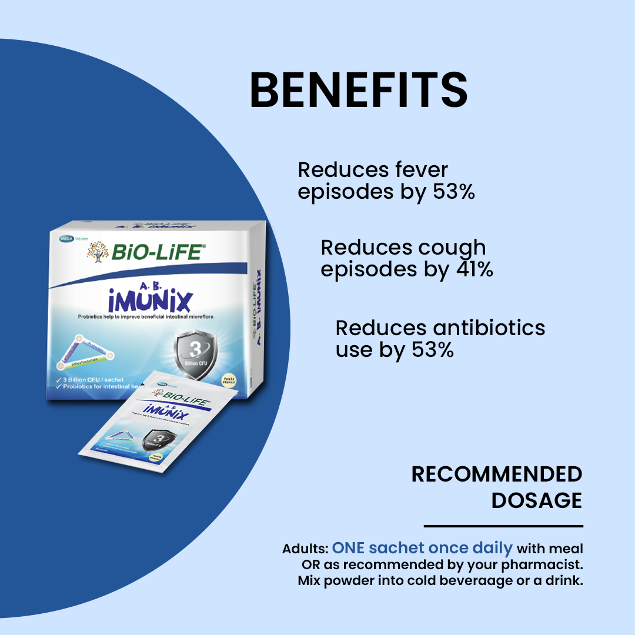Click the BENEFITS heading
[359, 90]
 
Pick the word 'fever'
[419, 170]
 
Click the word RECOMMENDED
[496, 474]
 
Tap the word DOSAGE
[536, 501]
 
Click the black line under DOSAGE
[503, 526]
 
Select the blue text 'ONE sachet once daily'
[422, 549]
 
